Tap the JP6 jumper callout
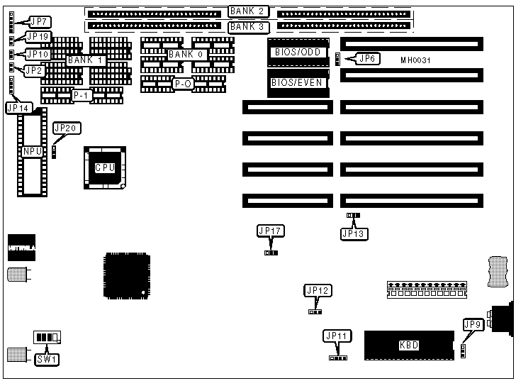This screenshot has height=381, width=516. (366, 59)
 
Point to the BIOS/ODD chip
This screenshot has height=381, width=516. (298, 53)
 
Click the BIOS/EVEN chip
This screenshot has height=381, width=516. (298, 83)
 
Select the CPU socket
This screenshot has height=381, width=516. (106, 167)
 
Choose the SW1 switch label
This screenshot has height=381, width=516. (47, 359)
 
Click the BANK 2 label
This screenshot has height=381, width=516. (247, 11)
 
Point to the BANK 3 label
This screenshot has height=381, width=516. (247, 26)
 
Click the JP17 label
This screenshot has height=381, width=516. (270, 231)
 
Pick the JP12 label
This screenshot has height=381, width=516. (318, 290)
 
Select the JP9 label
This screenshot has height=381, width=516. (472, 325)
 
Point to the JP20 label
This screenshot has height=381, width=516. (67, 128)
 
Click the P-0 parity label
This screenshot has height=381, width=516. (183, 84)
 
